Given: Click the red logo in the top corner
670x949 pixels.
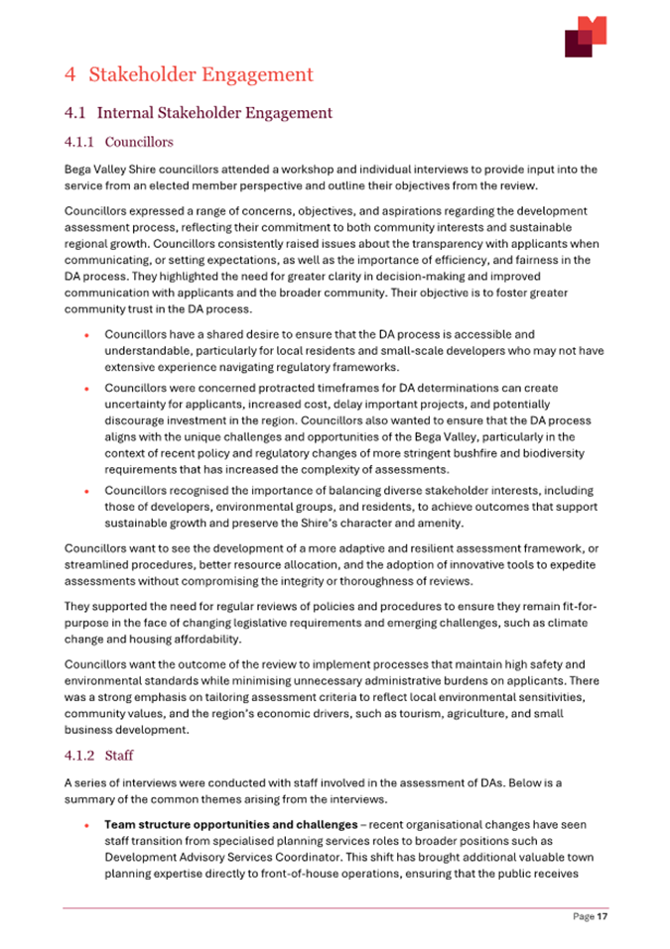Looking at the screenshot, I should click(585, 37).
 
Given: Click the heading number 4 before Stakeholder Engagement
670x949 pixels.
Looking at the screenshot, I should click(69, 74).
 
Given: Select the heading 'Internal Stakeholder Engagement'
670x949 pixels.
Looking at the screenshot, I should click(214, 113).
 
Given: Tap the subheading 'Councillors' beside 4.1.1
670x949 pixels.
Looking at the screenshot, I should click(139, 142).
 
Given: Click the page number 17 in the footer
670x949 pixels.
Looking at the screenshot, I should click(602, 917).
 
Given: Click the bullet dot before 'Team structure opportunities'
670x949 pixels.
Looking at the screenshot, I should click(88, 825).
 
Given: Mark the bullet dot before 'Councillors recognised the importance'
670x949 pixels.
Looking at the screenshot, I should click(88, 492).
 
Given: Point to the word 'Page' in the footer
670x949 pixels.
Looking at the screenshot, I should click(583, 917).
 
